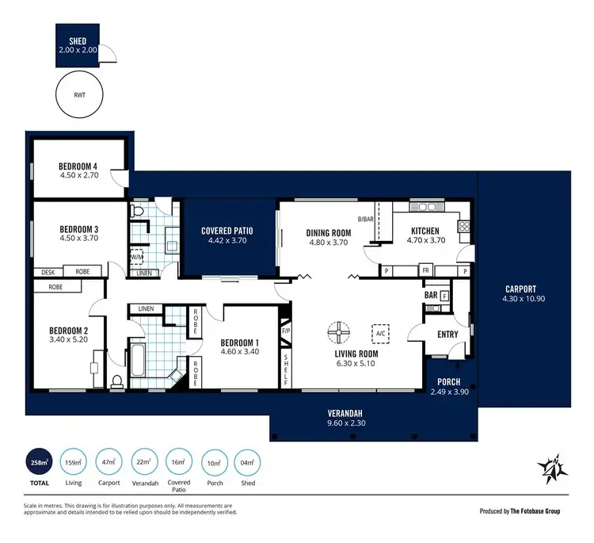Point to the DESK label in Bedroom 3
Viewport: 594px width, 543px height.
click(48, 272)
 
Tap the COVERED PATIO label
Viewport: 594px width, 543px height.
click(227, 230)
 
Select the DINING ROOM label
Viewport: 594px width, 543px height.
click(328, 232)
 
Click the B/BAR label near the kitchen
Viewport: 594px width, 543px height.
click(365, 220)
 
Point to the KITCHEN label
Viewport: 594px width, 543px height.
click(425, 231)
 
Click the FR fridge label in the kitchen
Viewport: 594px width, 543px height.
click(425, 270)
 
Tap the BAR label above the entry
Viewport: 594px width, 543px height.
click(431, 295)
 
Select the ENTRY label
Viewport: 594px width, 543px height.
click(447, 334)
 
